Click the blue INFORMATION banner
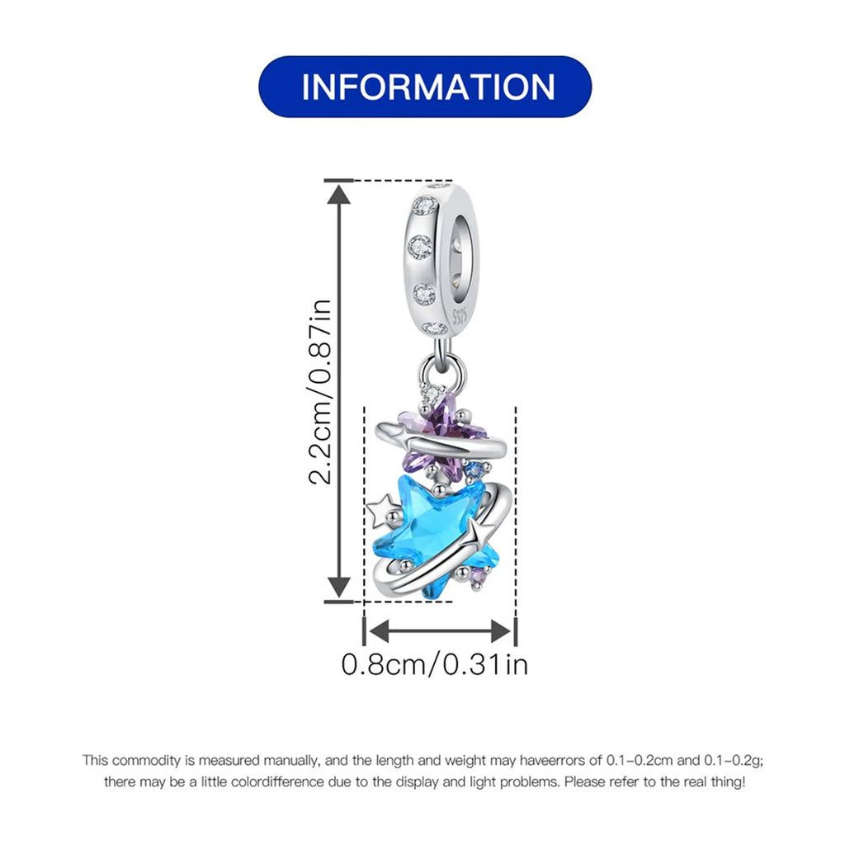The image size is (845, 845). click(425, 86)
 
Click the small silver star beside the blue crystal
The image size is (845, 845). click(384, 508)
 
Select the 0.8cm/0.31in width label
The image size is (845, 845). click(435, 664)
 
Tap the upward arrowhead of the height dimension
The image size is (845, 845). click(339, 194)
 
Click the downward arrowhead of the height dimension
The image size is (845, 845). click(339, 588)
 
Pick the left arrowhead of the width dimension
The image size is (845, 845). click(378, 631)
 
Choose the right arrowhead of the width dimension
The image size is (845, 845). click(501, 631)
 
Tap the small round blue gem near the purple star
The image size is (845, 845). click(474, 470)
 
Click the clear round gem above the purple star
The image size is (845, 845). click(432, 395)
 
